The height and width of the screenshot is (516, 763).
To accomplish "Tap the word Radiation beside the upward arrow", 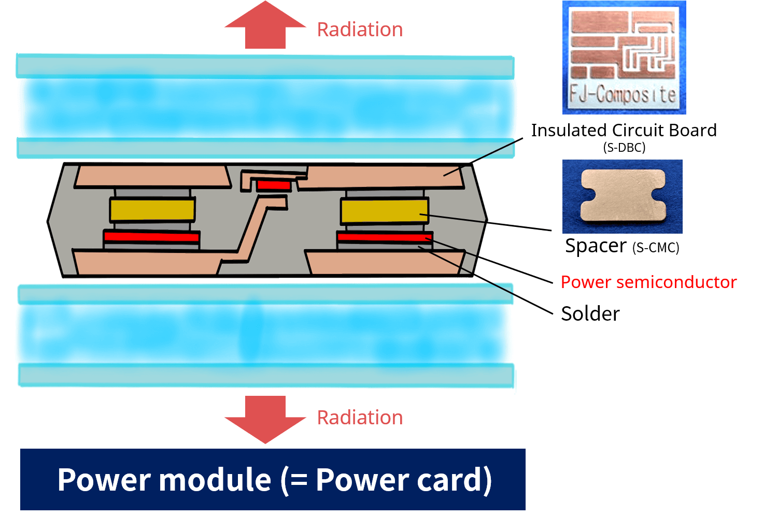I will [360, 30].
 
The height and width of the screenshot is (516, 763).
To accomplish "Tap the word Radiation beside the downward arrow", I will [360, 418].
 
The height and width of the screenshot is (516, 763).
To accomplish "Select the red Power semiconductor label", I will [648, 282].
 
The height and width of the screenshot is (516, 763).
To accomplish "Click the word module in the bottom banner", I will [215, 480].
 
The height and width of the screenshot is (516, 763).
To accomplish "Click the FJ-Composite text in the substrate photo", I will [623, 95].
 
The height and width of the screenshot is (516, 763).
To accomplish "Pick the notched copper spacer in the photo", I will [623, 195].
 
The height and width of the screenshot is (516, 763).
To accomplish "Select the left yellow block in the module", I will [152, 210].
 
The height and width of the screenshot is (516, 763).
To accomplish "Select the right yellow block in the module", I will [384, 211].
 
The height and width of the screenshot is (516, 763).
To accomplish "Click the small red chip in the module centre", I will [274, 185].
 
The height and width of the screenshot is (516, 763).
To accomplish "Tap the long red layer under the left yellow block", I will [151, 237].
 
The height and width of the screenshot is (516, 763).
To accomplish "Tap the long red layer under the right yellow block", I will [384, 238].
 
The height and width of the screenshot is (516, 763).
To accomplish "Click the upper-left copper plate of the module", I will [152, 176].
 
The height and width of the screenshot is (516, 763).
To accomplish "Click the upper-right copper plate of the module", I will [384, 178].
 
